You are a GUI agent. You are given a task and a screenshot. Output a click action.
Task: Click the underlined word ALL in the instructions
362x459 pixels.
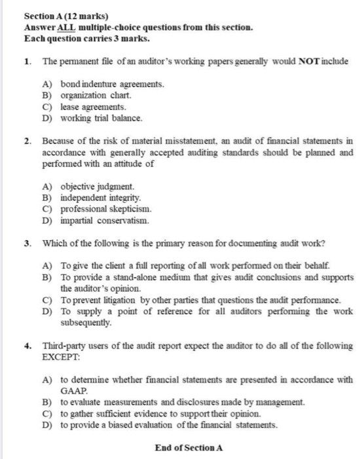pos(66,28)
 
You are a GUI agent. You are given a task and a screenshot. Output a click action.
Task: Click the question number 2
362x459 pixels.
pos(27,140)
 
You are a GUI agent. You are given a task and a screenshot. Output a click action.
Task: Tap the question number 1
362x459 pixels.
pos(27,62)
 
